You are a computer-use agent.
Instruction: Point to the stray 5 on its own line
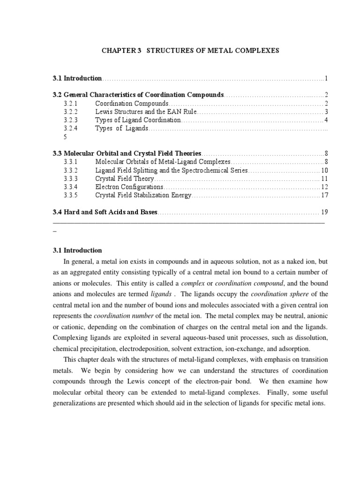click(66, 137)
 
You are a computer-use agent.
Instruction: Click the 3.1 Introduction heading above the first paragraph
click(77, 250)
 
